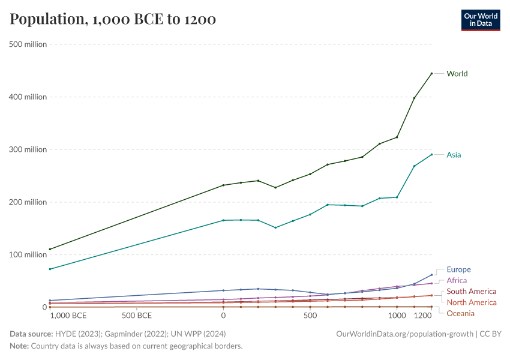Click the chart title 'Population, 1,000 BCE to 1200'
[x=113, y=20]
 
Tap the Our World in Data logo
[x=481, y=20]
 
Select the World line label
[x=457, y=74]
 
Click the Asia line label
[x=454, y=155]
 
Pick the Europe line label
[x=458, y=269]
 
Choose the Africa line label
[x=456, y=280]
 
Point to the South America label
[x=472, y=292]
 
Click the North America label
[x=472, y=302]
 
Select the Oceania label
[x=460, y=313]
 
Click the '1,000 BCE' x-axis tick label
[x=68, y=316]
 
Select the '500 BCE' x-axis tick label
[x=137, y=316]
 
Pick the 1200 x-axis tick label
[x=424, y=316]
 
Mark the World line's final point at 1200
[x=431, y=73]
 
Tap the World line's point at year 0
[x=223, y=185]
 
